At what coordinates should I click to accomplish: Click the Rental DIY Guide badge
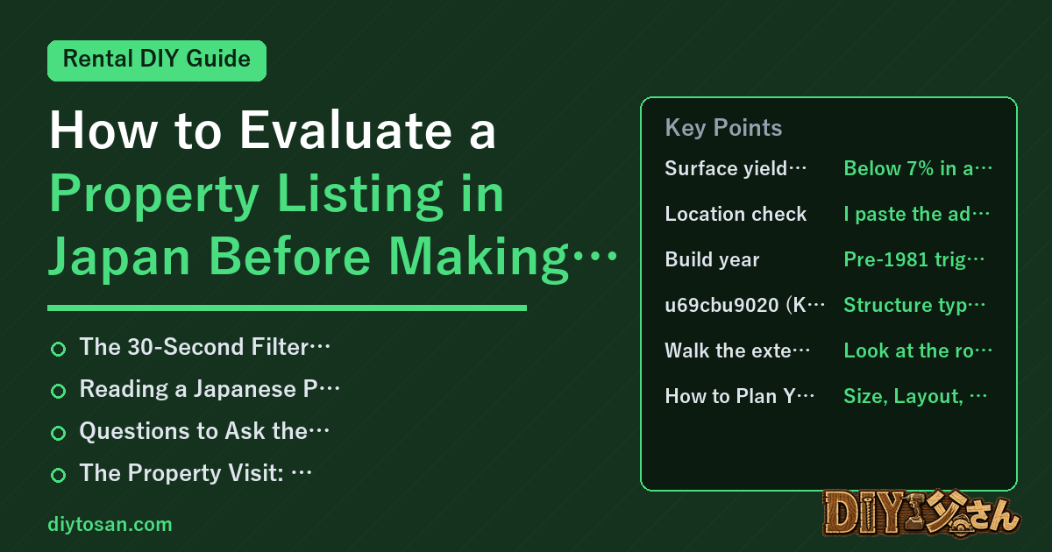[157, 60]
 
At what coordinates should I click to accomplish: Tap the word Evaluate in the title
[345, 130]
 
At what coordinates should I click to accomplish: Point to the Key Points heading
[723, 128]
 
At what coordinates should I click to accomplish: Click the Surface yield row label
[735, 168]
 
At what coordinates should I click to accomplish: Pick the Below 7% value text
[918, 168]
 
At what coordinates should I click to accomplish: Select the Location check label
[736, 214]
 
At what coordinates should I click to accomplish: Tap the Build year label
[712, 259]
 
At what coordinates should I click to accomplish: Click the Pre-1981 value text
[913, 259]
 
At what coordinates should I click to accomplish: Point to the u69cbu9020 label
[744, 305]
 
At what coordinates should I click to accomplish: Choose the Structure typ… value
[914, 305]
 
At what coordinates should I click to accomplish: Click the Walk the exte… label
[737, 350]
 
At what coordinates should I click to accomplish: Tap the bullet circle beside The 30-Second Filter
[58, 349]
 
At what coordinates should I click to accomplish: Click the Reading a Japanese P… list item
[210, 389]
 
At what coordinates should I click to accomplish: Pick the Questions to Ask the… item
[204, 431]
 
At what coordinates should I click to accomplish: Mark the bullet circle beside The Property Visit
[58, 475]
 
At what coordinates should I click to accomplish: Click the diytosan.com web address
[110, 524]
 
